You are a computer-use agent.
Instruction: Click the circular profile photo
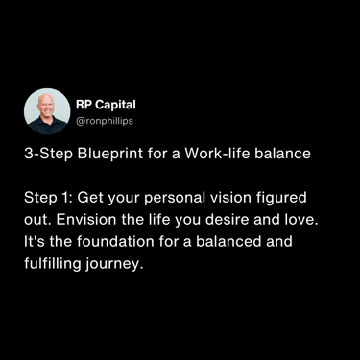47,111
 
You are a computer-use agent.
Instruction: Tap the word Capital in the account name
115,105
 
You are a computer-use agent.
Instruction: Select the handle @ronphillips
105,121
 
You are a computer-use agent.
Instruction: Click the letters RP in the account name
84,105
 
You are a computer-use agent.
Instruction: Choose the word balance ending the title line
282,154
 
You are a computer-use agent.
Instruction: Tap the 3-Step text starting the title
48,154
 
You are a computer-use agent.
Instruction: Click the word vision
230,198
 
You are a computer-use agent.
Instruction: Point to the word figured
281,198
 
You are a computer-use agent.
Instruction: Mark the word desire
227,220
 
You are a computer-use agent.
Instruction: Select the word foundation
115,241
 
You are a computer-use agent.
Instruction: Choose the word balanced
228,241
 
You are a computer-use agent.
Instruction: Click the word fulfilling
53,264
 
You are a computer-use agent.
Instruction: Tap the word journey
114,264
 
